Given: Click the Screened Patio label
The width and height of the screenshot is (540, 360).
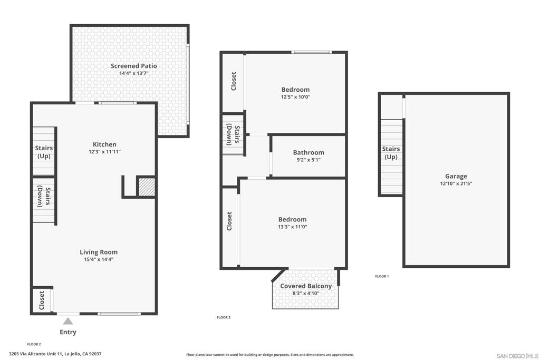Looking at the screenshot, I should (133, 66).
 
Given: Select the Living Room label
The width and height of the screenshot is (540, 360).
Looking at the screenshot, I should (99, 252).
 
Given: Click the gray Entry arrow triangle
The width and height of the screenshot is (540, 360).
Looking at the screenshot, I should (68, 320).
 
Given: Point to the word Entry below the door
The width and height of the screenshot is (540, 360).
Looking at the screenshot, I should (68, 332).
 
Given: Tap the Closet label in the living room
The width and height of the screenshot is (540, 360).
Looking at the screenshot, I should (42, 300).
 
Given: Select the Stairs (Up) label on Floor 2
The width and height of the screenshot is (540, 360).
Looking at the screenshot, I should (44, 152).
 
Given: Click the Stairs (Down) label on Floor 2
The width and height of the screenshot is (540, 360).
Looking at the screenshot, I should (44, 196).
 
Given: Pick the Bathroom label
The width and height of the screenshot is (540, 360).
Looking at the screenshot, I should (308, 153).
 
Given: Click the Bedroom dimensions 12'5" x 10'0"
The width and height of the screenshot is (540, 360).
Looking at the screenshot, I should (295, 97).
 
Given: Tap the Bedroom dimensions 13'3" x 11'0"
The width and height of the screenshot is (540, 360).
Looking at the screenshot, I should (292, 227).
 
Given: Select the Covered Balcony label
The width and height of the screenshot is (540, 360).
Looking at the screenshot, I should (306, 286).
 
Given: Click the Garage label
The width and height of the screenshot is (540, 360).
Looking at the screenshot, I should (456, 177).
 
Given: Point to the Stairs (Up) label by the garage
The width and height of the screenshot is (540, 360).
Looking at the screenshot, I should (391, 153).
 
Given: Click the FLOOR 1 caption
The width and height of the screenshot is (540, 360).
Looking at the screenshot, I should (382, 276).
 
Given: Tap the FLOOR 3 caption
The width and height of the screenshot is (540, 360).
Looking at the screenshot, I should (224, 317).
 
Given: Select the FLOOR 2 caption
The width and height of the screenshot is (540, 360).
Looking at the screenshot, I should (34, 344).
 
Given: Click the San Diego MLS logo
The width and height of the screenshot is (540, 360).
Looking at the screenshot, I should (517, 356).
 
